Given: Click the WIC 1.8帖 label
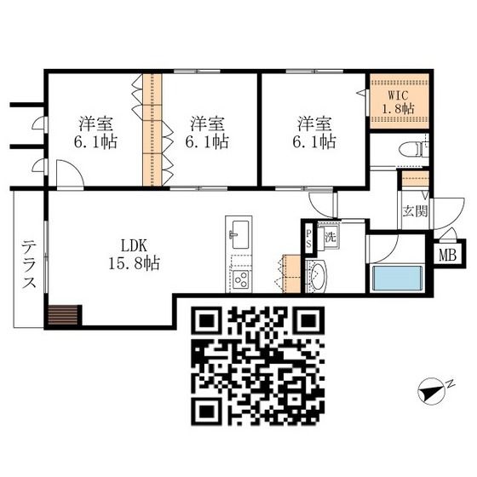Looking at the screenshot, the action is tap(399, 102).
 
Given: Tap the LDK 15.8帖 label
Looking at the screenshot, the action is tap(135, 255).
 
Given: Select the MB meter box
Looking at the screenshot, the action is tap(448, 255).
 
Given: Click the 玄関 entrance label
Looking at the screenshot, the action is tap(415, 210).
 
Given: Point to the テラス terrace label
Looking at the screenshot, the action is tap(29, 264).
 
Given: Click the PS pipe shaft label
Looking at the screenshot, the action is tap(308, 238).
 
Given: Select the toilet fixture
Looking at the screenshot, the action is tap(413, 150).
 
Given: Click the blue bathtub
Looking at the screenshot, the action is tap(397, 279).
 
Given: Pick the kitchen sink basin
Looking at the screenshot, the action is tap(240, 234).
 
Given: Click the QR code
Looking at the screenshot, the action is tap(258, 365).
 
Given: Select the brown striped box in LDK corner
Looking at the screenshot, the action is tap(63, 315).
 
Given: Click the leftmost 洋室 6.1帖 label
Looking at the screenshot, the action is tap(95, 132).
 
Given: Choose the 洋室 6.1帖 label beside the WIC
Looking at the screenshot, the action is tap(314, 132).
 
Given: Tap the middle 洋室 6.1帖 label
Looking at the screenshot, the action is tap(207, 132).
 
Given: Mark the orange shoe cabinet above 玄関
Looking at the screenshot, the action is tap(416, 179).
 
